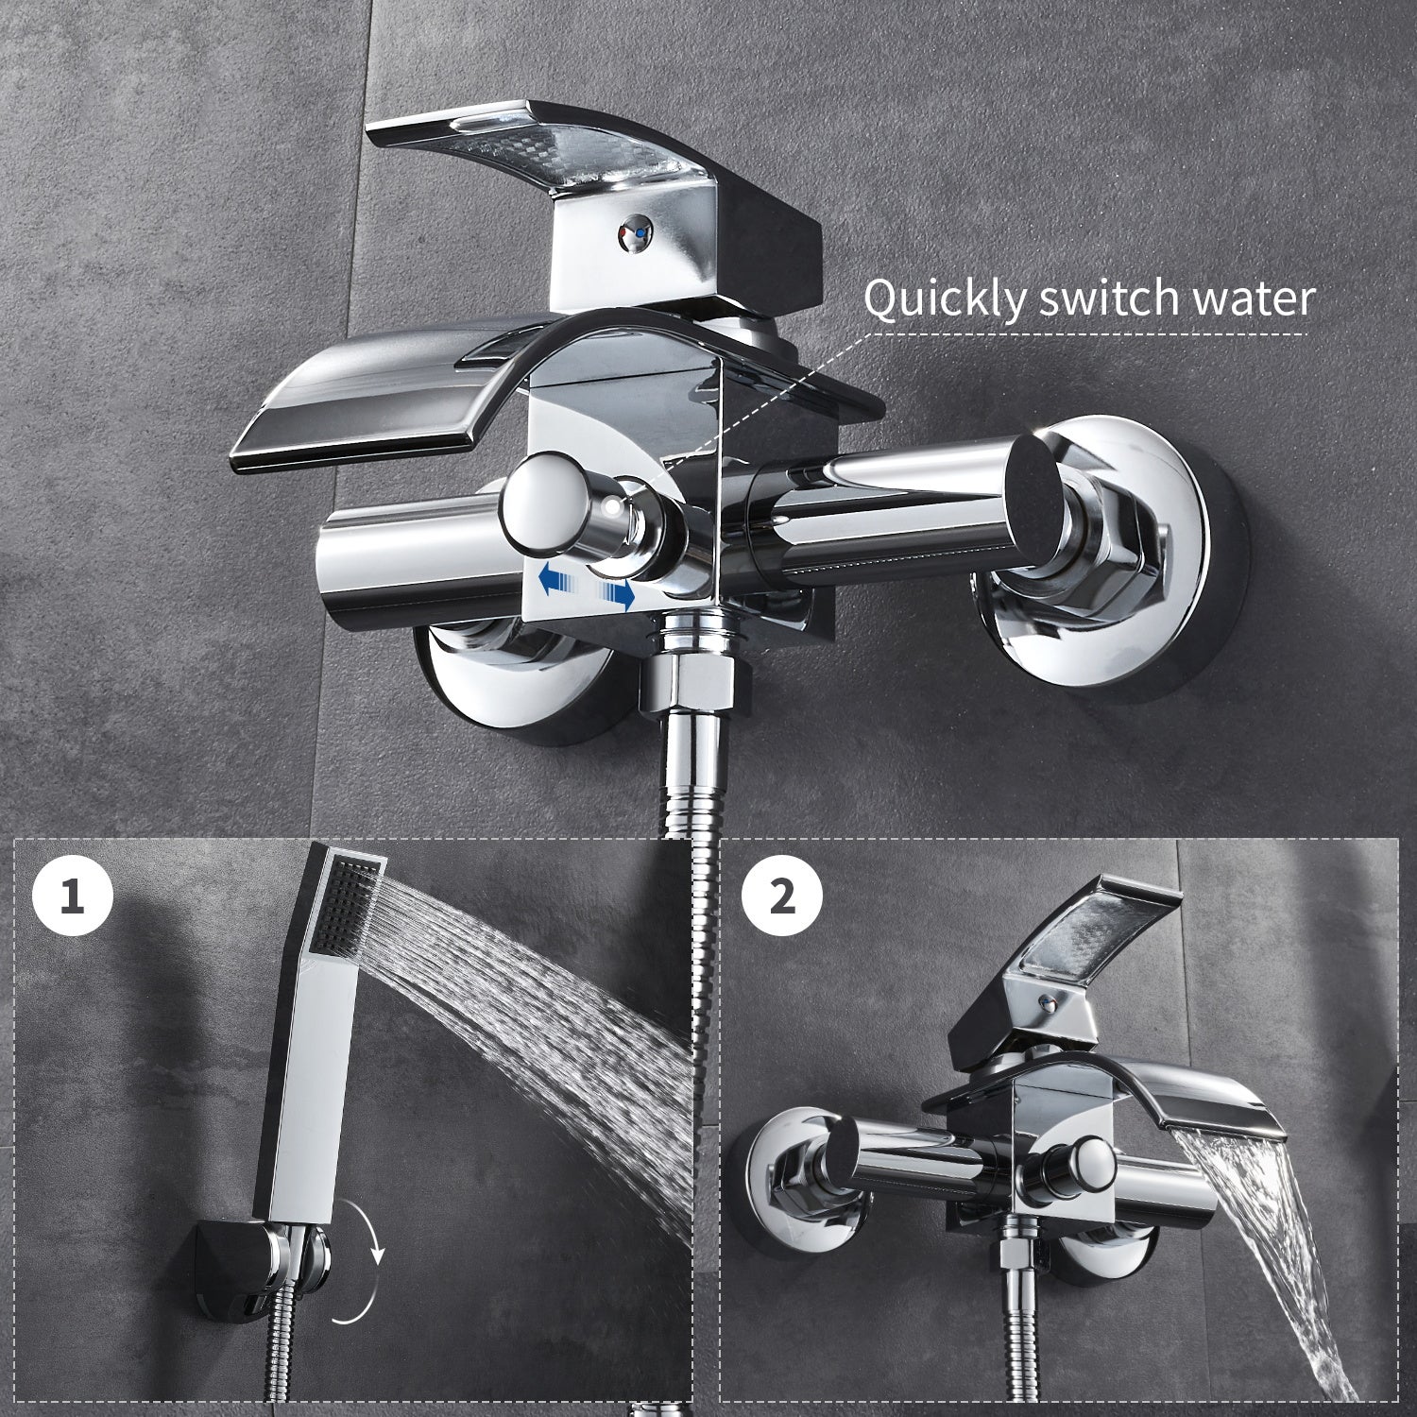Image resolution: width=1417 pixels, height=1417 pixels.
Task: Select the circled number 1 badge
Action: (x=73, y=896)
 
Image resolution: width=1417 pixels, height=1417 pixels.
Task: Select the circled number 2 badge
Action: (x=781, y=896)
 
